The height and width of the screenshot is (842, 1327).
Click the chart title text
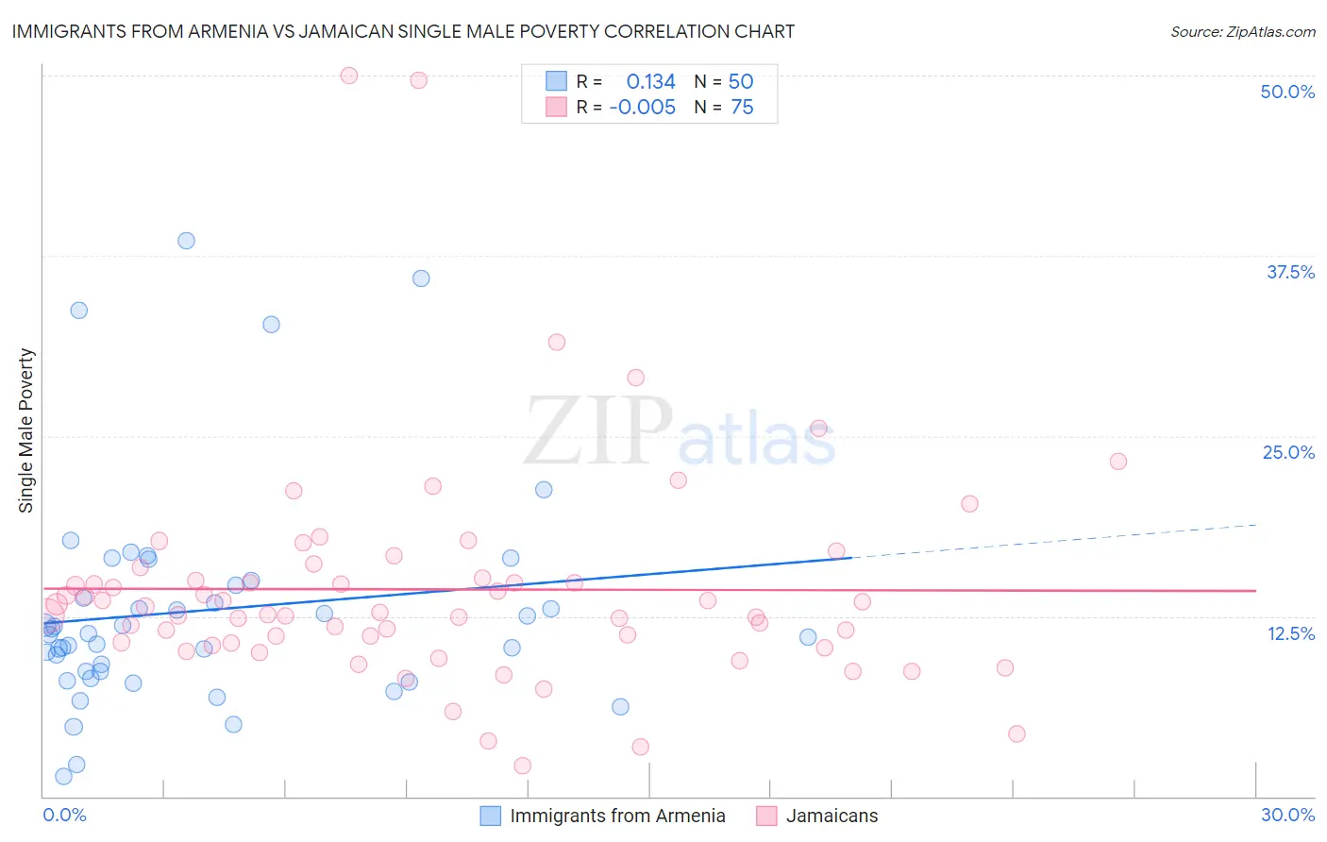pos(403,31)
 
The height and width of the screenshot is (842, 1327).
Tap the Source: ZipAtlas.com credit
pos(1242,31)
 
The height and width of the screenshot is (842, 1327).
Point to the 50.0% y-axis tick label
pos(1287,92)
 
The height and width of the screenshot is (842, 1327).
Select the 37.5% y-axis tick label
pos(1290,272)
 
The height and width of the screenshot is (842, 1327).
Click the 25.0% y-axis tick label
pos(1288,452)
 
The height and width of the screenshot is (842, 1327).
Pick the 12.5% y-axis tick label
pos(1290,633)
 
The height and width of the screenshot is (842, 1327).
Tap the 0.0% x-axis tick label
pos(64,815)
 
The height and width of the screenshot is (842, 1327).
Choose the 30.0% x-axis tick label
pos(1287,815)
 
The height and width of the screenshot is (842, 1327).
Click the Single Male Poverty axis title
pos(26,430)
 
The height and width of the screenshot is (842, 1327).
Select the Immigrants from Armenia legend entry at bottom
pos(617,816)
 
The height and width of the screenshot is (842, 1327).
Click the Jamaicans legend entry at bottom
pos(831,816)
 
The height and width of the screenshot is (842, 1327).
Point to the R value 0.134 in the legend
pos(650,82)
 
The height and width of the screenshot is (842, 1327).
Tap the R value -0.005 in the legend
pos(643,108)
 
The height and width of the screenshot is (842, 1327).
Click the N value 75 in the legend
pos(742,108)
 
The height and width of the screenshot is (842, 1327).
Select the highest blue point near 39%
pos(186,241)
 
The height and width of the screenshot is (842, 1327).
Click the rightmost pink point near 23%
pos(1118,462)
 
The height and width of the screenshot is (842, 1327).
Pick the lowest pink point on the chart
pos(523,766)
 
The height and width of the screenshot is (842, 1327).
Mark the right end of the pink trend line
pos(1255,590)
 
